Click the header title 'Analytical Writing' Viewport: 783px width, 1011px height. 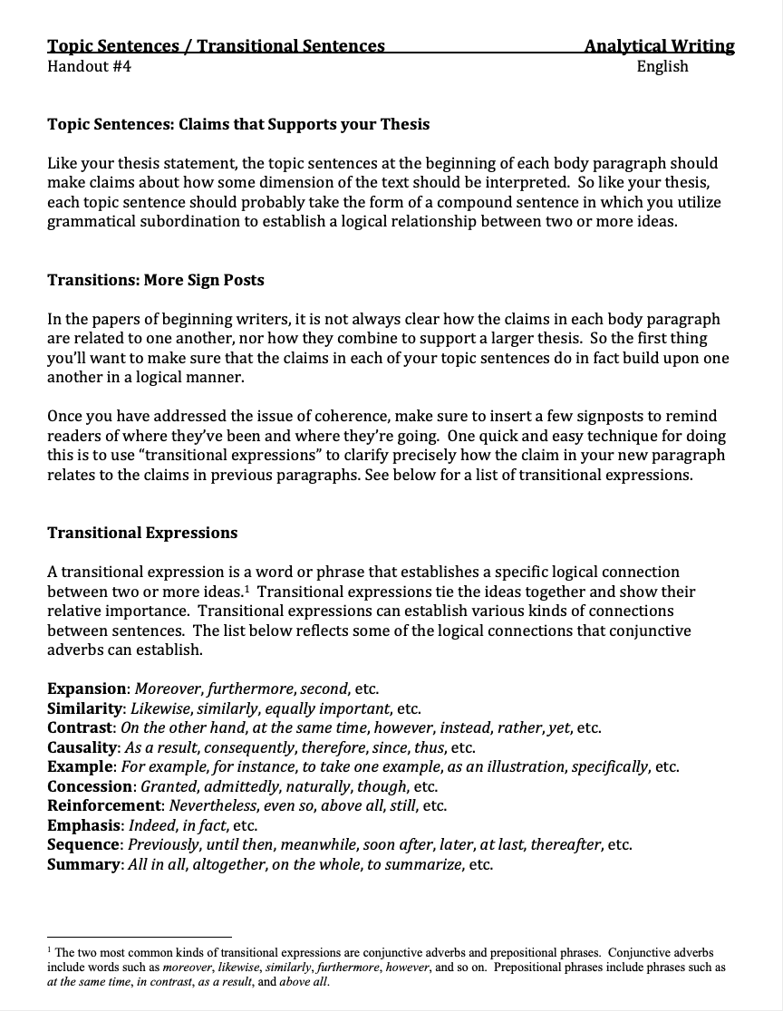659,46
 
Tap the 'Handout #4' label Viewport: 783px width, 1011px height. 89,66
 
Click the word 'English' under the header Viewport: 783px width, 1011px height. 662,66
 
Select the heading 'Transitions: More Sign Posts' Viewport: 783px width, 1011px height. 156,280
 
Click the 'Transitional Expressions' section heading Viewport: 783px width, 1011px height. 142,533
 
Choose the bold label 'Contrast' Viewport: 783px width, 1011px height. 81,727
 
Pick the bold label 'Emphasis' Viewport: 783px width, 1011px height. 84,825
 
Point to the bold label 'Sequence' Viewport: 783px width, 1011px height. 84,844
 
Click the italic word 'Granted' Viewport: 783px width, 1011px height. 169,786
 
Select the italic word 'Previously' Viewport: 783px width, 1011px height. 164,844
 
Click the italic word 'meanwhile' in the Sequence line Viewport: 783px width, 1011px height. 320,844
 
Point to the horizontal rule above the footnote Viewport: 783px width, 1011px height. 140,938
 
